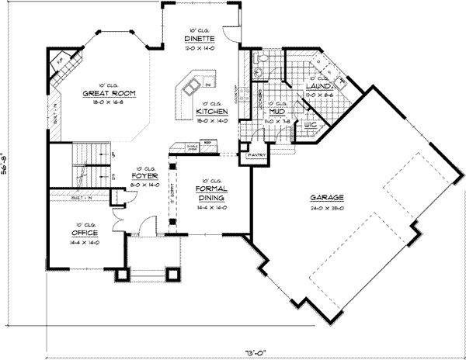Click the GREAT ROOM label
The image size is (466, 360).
(110, 92)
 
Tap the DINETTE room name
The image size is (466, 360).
(194, 38)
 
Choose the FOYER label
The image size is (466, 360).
(147, 175)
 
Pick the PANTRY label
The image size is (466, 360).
(258, 155)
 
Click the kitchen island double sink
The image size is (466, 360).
(194, 80)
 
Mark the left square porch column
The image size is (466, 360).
(121, 273)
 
